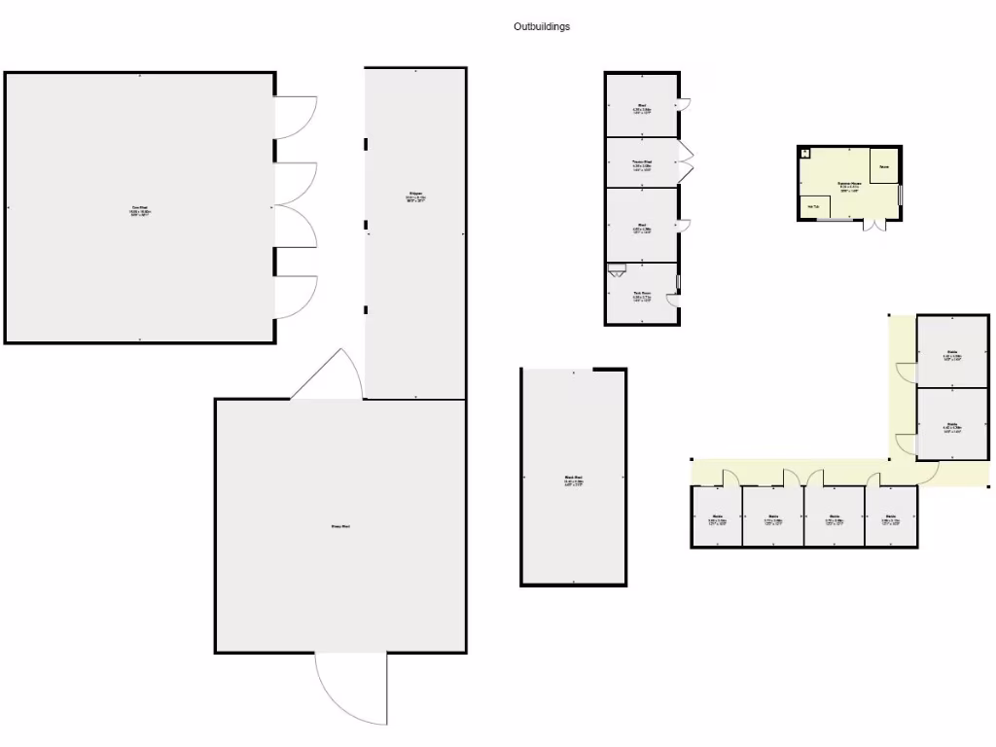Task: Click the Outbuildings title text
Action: (542, 27)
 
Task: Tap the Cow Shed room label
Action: (141, 207)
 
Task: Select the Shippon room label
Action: (415, 197)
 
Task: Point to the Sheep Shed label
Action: (339, 526)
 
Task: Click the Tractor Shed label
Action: (641, 162)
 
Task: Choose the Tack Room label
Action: (641, 294)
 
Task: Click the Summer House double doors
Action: (875, 226)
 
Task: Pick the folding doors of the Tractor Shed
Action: (687, 162)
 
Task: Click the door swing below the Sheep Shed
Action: (350, 689)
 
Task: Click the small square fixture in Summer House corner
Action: (805, 153)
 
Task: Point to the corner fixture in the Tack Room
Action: (615, 269)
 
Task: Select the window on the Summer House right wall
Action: (901, 195)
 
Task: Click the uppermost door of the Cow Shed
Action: (296, 115)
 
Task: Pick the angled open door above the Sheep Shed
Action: (328, 374)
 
